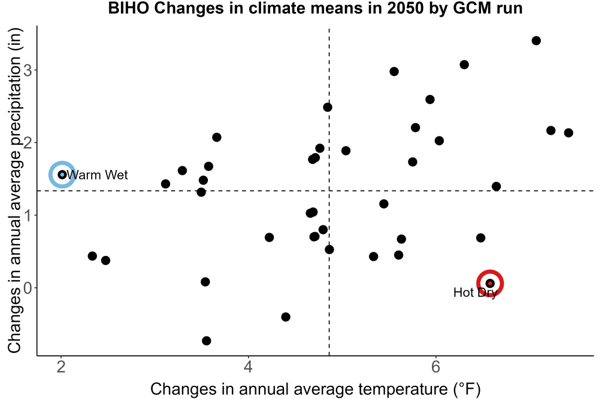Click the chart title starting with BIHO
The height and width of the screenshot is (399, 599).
pos(315,8)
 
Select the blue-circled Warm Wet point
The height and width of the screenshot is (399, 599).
pos(62,175)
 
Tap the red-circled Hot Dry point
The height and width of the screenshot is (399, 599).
pos(490,283)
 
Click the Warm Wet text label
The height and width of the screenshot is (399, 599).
pos(98,175)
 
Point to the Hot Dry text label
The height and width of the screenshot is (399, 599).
pos(475,293)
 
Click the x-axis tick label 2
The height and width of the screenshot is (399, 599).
pos(61,367)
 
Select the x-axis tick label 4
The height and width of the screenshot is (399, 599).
pos(249,367)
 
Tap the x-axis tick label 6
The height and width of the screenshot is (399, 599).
pos(435,367)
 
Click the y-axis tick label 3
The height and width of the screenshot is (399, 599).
pos(28,70)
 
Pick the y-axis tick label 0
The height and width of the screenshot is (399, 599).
pos(28,288)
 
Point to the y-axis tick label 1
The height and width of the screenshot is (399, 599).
pos(28,215)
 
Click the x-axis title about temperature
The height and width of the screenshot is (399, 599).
pos(315,389)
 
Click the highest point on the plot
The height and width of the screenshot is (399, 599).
pos(536,41)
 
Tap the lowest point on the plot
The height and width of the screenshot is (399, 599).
pos(206,340)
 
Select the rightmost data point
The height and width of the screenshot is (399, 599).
pos(568,133)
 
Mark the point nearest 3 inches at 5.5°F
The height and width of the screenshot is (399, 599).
pos(394,71)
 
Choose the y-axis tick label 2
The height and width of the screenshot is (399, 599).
pos(28,142)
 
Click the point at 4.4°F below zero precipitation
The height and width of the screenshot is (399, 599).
pos(285,316)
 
